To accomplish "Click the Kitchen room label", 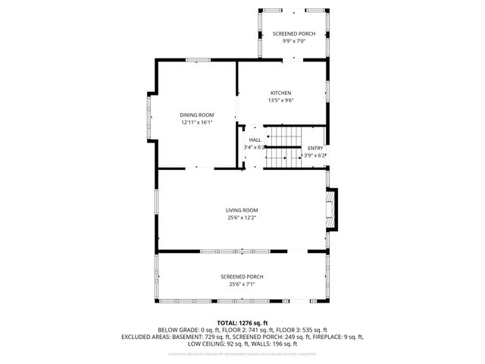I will coord(280,93).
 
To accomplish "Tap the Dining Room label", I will coord(196,115).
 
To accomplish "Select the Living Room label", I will coord(242,210).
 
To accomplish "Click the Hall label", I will coord(255,140).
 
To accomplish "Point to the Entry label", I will coord(314,148).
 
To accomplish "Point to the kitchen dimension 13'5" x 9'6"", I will coord(280,100).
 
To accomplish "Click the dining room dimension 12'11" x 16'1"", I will coord(196,121).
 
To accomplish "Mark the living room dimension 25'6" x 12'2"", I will coord(242,217).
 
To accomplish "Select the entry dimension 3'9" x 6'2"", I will coord(314,155).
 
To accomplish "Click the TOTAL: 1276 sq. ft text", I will coord(242,322).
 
